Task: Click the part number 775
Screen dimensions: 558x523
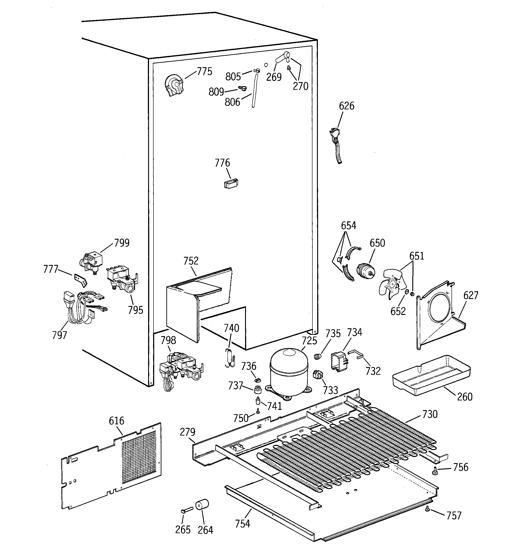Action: [204, 71]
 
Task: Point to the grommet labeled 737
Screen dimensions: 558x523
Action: [257, 390]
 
